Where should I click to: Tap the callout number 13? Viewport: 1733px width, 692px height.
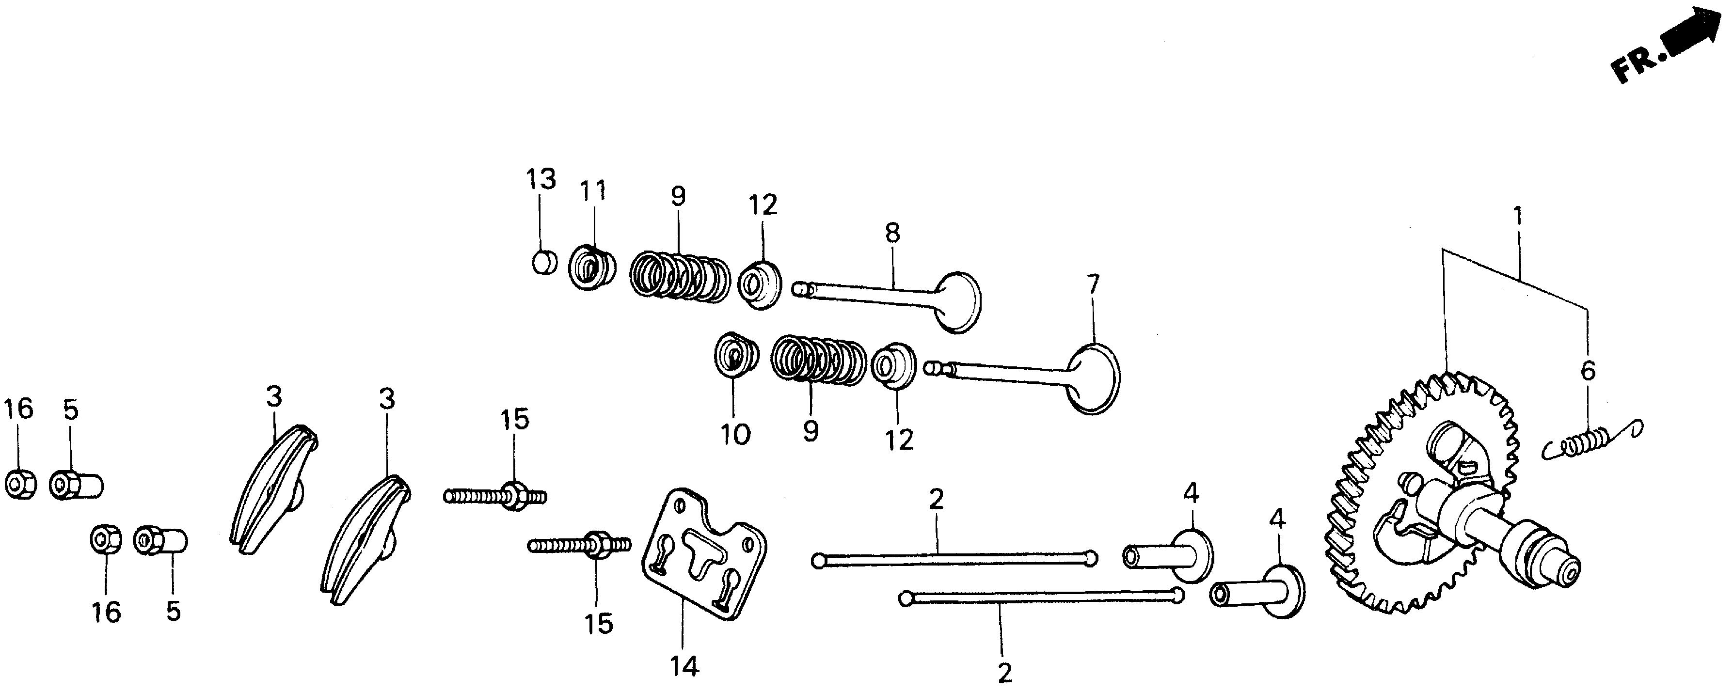click(x=541, y=180)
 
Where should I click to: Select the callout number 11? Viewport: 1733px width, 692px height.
click(x=594, y=190)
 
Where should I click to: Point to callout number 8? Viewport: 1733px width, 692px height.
click(x=891, y=234)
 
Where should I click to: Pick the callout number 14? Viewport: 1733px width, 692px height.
click(x=684, y=666)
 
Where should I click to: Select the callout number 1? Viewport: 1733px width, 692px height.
click(x=1517, y=217)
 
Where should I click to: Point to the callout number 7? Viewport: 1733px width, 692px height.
click(x=1093, y=285)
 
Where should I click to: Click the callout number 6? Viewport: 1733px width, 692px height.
click(x=1588, y=371)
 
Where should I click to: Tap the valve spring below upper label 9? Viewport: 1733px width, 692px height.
click(x=680, y=276)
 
